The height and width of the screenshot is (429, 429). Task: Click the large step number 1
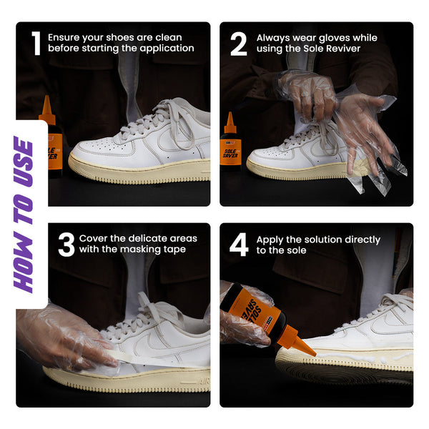36,43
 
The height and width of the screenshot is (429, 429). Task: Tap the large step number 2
239,44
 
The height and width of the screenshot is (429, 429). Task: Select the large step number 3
66,245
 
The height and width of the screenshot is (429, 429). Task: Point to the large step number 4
239,245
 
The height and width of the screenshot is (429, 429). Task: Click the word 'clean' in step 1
169,37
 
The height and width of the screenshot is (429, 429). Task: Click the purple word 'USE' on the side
24,162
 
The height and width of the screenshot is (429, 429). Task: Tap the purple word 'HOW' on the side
24,262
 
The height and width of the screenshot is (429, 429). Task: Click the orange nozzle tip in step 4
314,354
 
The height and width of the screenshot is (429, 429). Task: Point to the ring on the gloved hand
305,94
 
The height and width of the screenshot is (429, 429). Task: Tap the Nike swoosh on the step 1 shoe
175,139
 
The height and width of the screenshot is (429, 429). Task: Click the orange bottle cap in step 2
230,124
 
